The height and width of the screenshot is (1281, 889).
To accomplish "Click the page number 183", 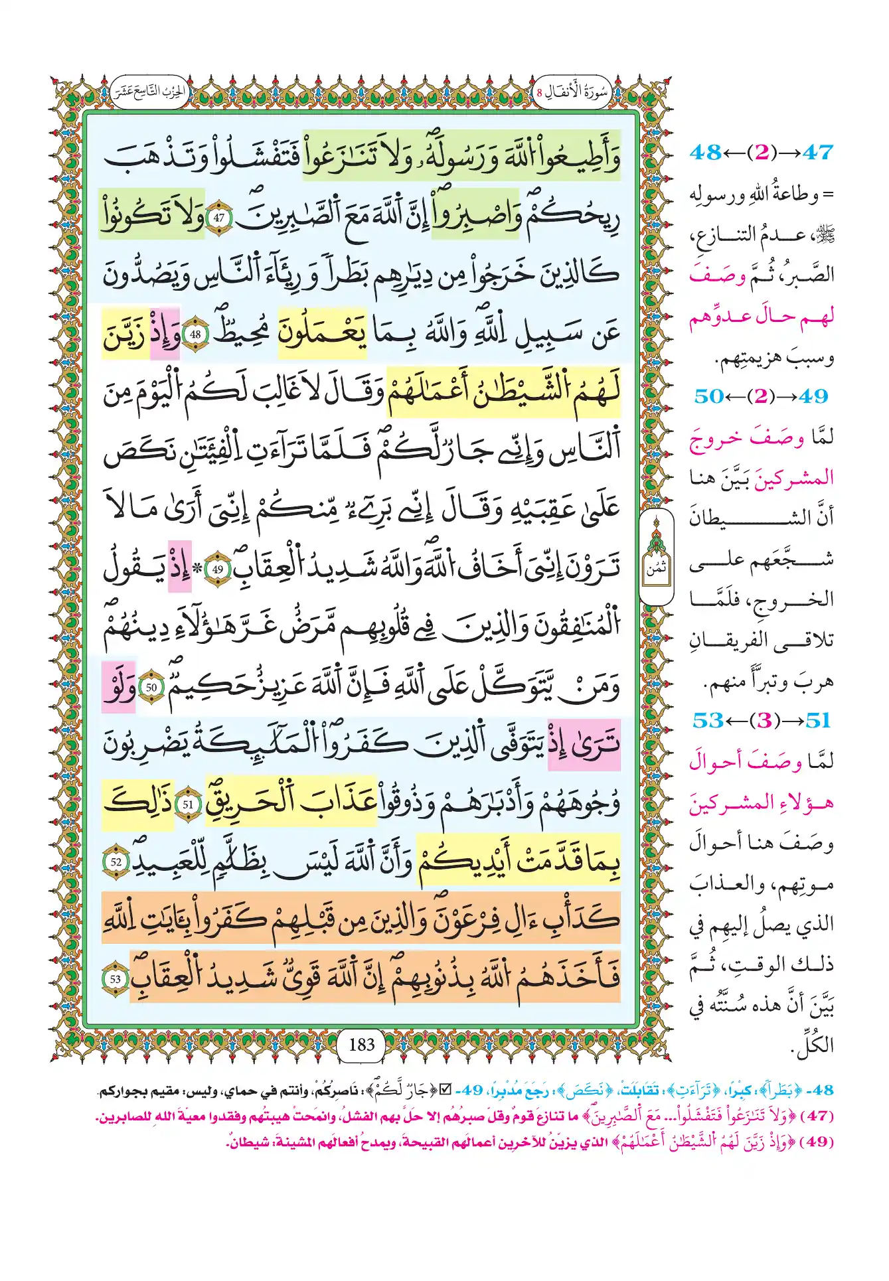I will click(362, 1044).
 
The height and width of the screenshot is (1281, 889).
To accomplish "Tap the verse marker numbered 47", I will click(220, 217).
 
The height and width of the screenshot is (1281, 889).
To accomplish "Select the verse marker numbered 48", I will click(195, 335).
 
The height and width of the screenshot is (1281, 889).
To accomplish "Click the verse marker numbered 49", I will click(218, 569).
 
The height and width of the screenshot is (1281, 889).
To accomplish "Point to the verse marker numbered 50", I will click(151, 687).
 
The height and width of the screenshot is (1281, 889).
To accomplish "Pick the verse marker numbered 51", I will click(189, 804).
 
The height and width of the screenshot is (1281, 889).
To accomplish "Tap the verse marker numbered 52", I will click(116, 862).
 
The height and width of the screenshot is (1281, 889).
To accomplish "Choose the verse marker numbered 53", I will click(116, 978).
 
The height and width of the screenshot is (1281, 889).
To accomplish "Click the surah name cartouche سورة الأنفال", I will click(573, 93).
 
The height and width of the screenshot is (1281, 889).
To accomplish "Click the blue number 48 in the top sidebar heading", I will click(705, 153).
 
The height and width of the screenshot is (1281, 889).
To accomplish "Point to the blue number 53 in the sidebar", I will click(708, 720).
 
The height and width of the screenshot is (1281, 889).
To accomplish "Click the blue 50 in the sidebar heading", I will click(709, 396).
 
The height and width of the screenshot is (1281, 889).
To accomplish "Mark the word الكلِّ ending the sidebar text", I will click(813, 1046).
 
